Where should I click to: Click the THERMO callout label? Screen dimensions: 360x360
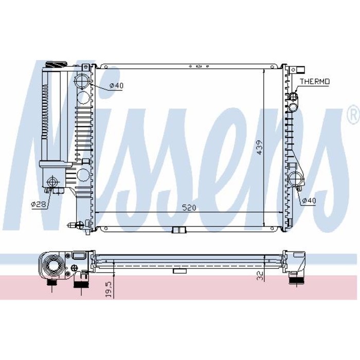[315, 81]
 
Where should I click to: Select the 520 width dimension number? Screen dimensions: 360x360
[189, 208]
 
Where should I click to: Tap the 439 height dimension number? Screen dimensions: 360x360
[259, 147]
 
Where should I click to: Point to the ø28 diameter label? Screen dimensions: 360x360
[39, 204]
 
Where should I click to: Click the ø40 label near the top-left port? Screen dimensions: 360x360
[116, 86]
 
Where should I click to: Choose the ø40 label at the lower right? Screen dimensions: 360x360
[309, 201]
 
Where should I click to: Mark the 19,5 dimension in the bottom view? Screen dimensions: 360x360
[109, 290]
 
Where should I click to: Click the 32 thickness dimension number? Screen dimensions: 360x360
[260, 276]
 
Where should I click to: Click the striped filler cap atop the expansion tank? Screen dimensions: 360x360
[56, 64]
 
